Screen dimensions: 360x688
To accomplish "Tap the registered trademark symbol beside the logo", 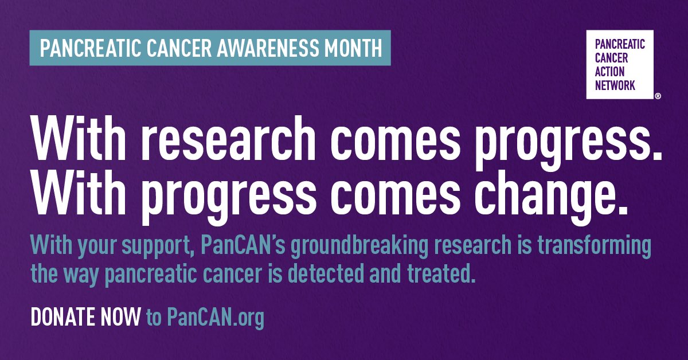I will [657, 97].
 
